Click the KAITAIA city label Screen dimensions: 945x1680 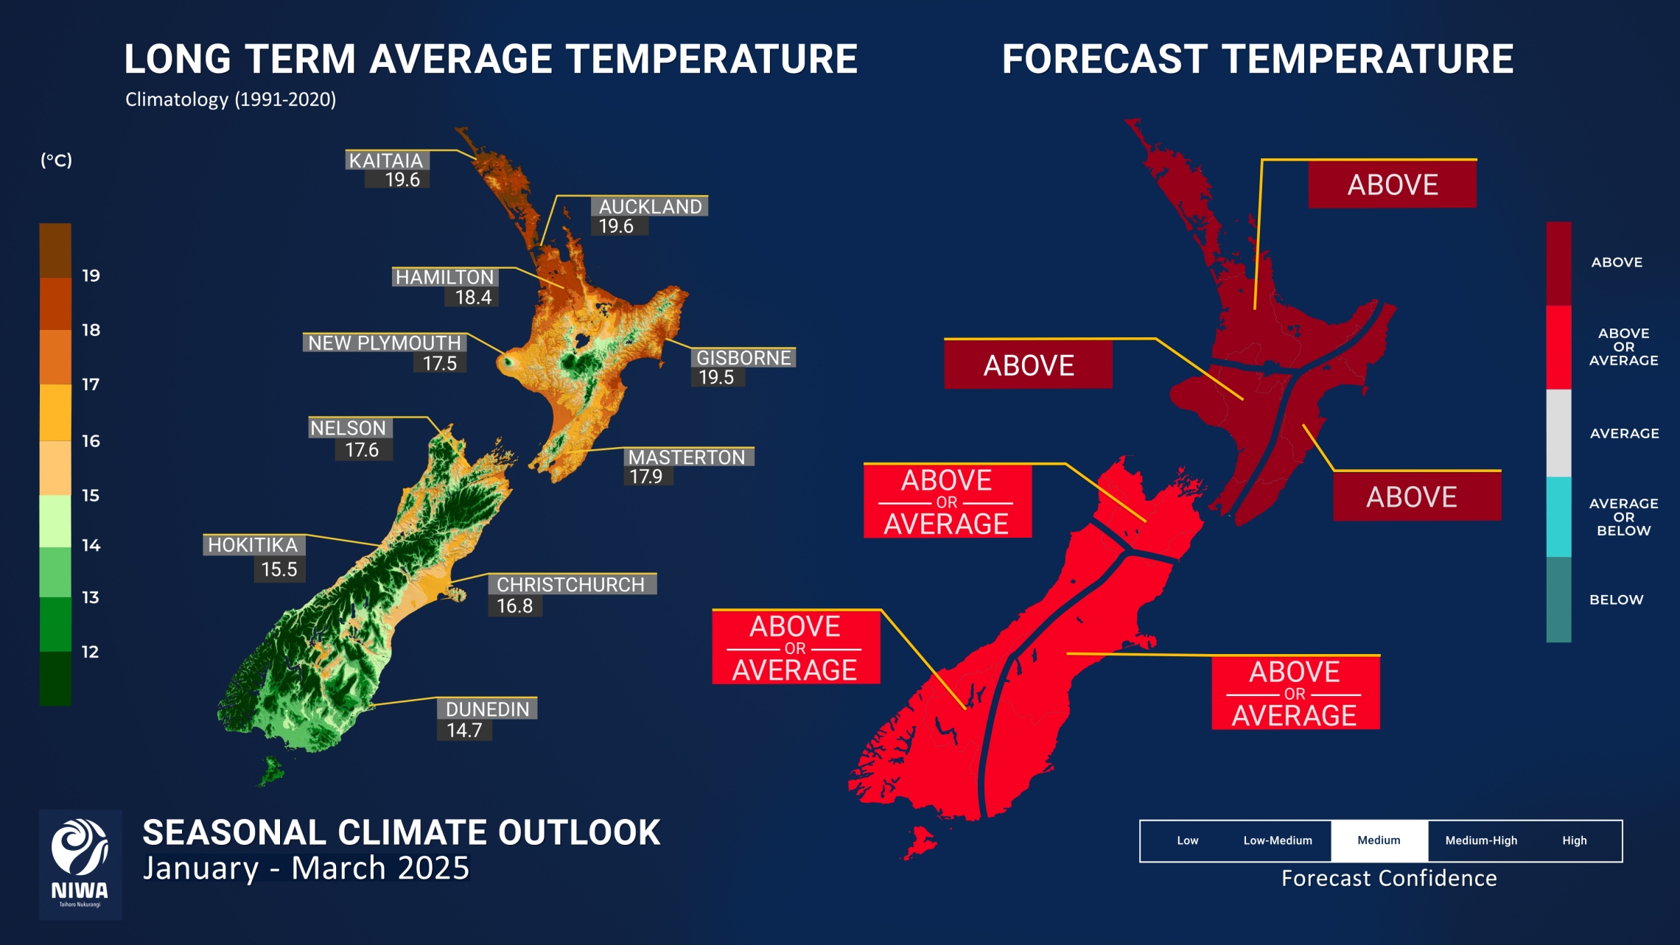click(386, 160)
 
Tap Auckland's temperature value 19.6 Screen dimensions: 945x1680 click(616, 226)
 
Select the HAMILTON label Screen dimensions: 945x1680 click(444, 277)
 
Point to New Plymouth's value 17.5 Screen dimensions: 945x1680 click(440, 363)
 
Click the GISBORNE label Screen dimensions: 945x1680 click(743, 357)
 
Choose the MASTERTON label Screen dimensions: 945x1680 click(687, 457)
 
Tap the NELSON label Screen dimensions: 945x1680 click(348, 427)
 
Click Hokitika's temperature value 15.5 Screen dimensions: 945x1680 click(279, 569)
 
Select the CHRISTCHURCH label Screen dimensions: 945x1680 click(570, 584)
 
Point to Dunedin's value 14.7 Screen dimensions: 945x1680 click(464, 730)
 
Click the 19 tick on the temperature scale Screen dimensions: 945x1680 click(91, 275)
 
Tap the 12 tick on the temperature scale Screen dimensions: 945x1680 click(90, 651)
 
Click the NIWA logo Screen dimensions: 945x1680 click(80, 864)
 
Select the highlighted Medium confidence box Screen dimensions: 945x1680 click(1379, 840)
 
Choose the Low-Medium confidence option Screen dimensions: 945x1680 click(1278, 840)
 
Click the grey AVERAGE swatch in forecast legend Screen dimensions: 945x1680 click(1558, 433)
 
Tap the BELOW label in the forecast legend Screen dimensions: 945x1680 click(1616, 600)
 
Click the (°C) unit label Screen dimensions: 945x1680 click(57, 160)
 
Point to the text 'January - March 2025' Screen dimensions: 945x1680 click(306, 868)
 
